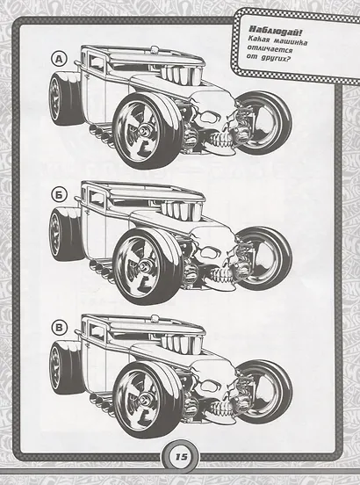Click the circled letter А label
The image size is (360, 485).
[x=60, y=59]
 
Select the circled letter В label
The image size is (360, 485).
[x=60, y=328]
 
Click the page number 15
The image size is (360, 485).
[x=181, y=457]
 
